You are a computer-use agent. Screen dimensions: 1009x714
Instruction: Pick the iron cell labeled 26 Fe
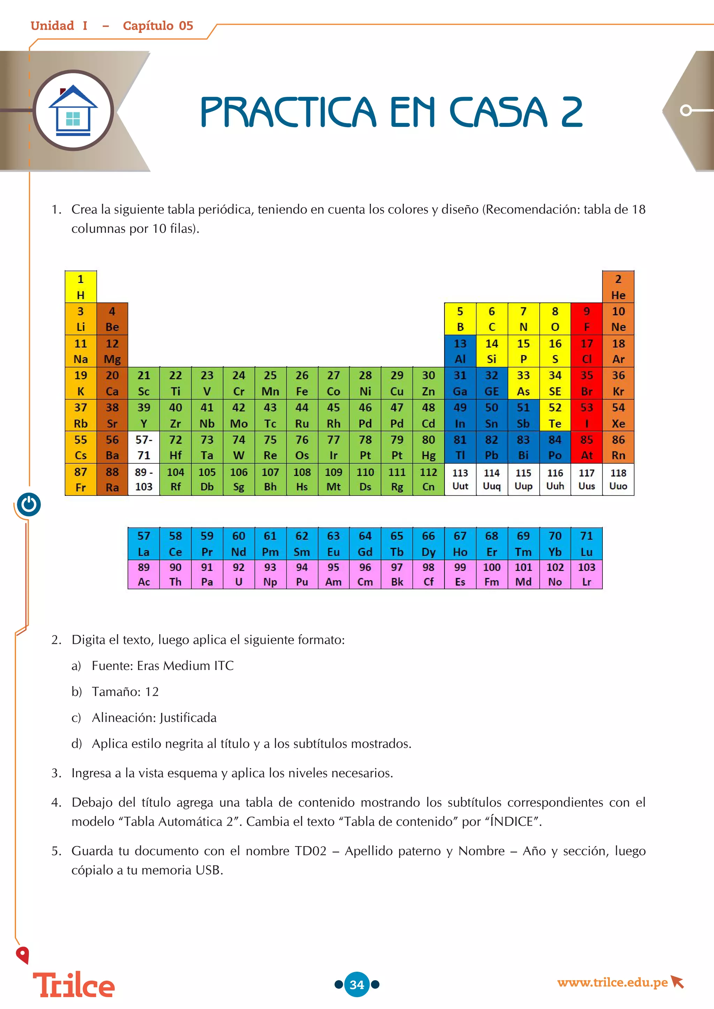[302, 383]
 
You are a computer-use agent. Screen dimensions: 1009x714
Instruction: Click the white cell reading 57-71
[144, 447]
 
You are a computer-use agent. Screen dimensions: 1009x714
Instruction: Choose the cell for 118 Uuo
[618, 479]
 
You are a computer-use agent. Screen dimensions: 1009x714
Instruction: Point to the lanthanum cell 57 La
[144, 543]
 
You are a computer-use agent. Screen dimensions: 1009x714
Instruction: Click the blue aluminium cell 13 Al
[460, 351]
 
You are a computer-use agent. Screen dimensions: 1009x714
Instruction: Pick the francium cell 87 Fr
[81, 479]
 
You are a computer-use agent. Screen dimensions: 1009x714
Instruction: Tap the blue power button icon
[29, 504]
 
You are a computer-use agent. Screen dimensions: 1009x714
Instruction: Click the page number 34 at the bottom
[357, 984]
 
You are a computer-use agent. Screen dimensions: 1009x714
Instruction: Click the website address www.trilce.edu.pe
[613, 982]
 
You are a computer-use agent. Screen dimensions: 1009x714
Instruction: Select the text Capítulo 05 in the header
[158, 26]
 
